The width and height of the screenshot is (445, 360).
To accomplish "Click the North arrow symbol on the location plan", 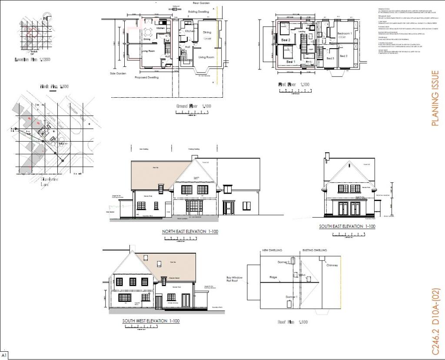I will (x=45, y=18).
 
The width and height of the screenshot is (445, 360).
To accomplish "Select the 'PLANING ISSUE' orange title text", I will (x=435, y=99).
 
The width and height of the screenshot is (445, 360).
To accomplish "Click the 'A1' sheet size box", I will (x=4, y=355).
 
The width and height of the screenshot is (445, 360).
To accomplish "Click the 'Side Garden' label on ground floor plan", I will (x=118, y=74).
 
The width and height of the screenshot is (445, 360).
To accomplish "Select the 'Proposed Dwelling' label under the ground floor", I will (x=146, y=77).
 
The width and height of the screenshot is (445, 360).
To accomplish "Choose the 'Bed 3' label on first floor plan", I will (x=330, y=58).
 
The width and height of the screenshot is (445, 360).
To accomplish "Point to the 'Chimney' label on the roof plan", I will (x=332, y=265).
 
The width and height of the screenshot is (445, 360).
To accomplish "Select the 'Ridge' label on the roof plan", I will (x=273, y=277).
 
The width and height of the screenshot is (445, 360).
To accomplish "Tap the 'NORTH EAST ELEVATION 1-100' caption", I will (x=190, y=232).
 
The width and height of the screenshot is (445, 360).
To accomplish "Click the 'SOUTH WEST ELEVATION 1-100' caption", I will (x=151, y=321).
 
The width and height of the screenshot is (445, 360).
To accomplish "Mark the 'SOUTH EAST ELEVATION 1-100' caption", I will (x=347, y=226).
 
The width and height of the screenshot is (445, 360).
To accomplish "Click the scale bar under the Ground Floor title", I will (x=193, y=113).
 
